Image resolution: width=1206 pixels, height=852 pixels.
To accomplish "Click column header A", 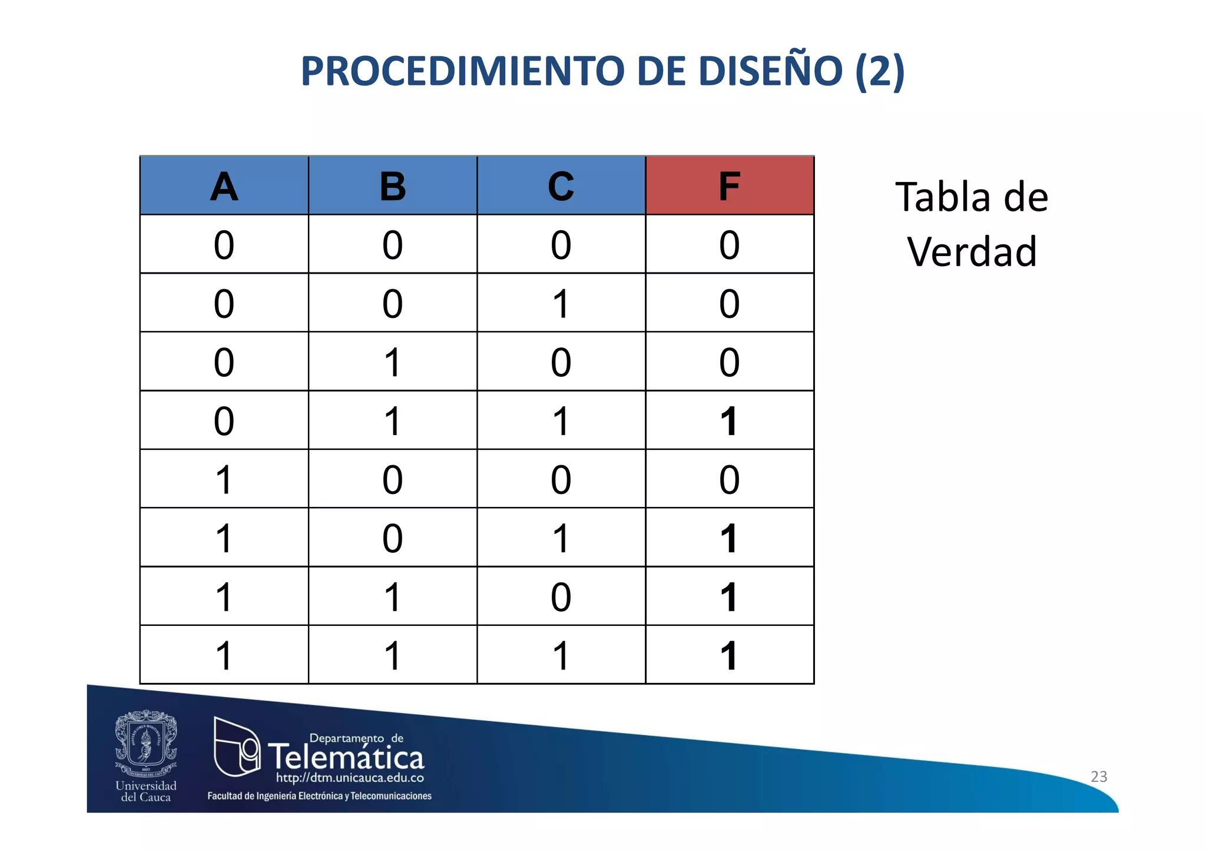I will tap(224, 186).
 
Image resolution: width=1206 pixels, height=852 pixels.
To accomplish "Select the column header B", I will tap(393, 186).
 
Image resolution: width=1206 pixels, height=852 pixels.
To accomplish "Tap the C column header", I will tap(561, 186).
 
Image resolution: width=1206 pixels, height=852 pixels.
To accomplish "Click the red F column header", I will tap(730, 186).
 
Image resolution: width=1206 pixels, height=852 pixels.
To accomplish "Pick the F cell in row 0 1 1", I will tap(730, 421).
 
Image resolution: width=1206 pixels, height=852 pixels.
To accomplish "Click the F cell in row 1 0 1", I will tap(730, 538).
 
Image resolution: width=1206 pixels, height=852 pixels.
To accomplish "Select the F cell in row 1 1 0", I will tap(730, 596).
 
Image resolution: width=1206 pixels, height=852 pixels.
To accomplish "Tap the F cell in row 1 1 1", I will tap(730, 655).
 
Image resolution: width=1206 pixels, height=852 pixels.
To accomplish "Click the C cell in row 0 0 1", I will tap(561, 303).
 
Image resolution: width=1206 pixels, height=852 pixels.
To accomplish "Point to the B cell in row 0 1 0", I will tap(393, 362).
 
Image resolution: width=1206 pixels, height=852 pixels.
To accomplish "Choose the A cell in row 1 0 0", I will tap(224, 479).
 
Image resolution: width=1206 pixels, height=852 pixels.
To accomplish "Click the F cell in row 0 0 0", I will tap(730, 244).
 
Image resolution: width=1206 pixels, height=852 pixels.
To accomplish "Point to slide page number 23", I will tap(1099, 777).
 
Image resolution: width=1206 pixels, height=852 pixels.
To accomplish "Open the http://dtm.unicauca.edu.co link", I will tap(350, 778).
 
